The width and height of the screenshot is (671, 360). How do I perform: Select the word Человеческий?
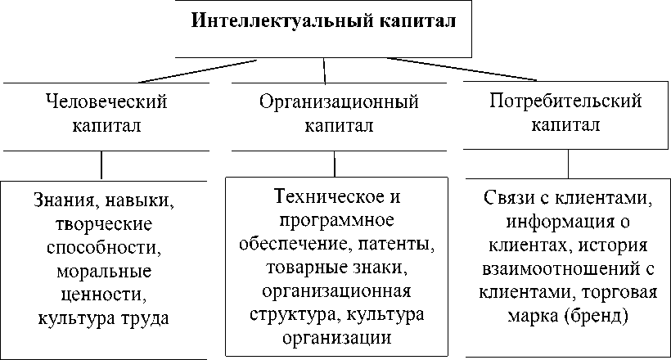pyautogui.click(x=102, y=102)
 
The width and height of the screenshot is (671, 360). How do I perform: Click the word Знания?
pyautogui.click(x=65, y=200)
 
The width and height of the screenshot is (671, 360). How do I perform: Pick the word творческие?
pyautogui.click(x=101, y=224)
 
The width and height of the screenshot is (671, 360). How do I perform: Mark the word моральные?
pyautogui.click(x=101, y=272)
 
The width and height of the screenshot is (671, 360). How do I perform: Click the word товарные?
pyautogui.click(x=299, y=268)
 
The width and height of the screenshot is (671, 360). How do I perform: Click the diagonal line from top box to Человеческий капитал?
pyautogui.click(x=196, y=71)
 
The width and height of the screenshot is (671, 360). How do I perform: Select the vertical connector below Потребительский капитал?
pyautogui.click(x=567, y=164)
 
